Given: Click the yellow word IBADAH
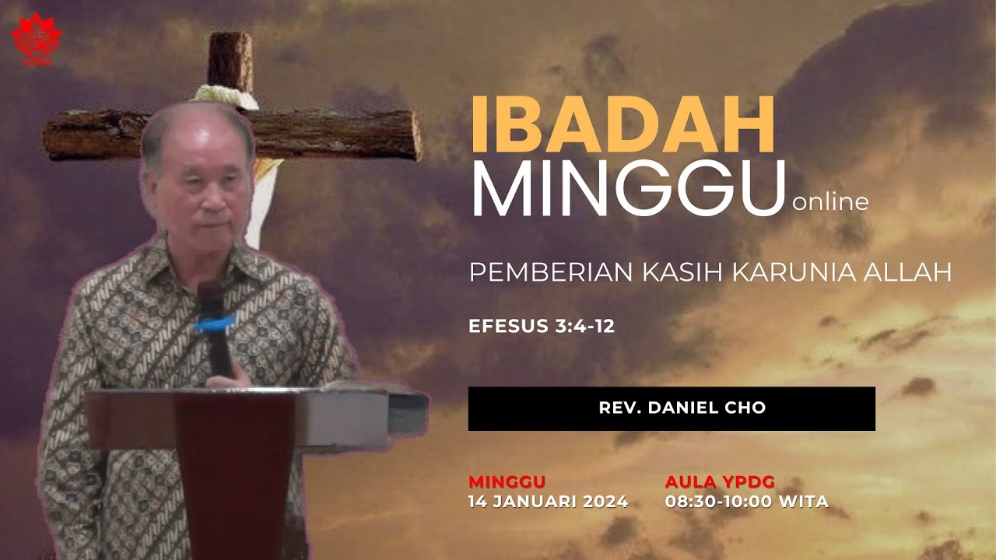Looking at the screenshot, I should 622,126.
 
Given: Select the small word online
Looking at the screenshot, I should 829,203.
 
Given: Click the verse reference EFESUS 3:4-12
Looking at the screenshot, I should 542,327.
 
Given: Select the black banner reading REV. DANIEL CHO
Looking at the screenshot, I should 671,408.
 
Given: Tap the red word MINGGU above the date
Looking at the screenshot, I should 507,481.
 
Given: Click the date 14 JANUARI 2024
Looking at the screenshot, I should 548,502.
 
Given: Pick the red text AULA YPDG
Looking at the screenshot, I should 720,481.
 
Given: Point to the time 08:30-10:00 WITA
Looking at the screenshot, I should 746,502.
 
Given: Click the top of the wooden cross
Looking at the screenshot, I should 230,51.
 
